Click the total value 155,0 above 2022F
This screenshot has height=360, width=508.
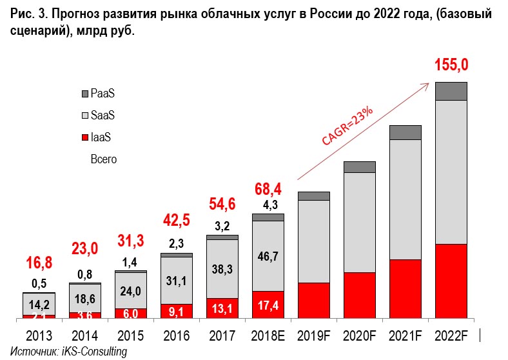point(452,65)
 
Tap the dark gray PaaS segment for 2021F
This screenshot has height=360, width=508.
point(405,132)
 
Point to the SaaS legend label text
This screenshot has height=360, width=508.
point(103,115)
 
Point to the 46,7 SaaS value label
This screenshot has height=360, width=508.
point(268,256)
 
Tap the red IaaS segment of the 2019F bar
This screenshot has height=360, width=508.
point(314,300)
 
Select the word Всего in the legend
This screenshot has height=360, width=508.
point(104,159)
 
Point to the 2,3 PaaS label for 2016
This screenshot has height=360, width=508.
point(177,244)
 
